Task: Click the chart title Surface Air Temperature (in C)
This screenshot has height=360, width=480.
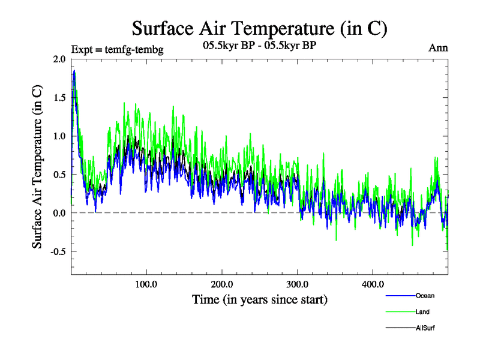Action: (259, 28)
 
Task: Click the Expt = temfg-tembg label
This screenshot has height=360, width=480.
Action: (117, 49)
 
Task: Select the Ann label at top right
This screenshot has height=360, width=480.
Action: (438, 48)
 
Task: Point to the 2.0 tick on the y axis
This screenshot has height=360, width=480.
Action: (59, 59)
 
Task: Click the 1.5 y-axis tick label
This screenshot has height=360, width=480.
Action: (59, 97)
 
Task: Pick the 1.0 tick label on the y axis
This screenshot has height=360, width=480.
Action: (59, 136)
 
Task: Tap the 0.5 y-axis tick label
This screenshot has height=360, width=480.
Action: (59, 174)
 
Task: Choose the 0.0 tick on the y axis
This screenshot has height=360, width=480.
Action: (59, 212)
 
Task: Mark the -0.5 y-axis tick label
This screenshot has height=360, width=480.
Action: (58, 251)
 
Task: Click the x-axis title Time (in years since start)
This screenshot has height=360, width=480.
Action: (260, 299)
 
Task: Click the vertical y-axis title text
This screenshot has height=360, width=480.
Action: (37, 167)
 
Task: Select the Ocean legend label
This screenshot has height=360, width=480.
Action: (425, 295)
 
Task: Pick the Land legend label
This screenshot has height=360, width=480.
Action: (422, 311)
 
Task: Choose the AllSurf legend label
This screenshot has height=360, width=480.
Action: (425, 328)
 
